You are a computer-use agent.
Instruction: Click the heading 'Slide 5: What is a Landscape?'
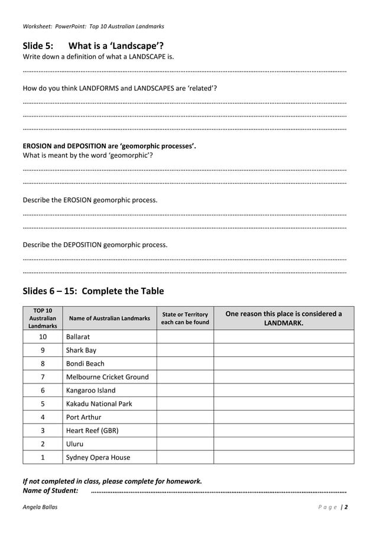(x=93, y=45)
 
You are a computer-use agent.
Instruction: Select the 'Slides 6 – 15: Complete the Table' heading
(x=93, y=291)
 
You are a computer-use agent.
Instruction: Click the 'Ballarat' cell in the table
(x=78, y=337)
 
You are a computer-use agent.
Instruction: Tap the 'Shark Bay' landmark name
(x=81, y=350)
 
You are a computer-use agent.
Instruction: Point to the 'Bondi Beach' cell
(x=85, y=363)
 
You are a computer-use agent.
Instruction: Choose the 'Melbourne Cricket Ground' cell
(x=107, y=377)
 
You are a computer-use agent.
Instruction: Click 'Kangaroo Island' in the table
(x=90, y=391)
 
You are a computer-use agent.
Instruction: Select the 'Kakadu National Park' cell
(x=99, y=404)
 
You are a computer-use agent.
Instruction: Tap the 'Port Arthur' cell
(x=83, y=417)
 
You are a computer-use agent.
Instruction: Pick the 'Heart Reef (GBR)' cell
(x=92, y=431)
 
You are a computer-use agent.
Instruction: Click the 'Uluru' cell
(x=74, y=444)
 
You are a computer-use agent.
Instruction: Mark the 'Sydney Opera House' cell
(x=97, y=457)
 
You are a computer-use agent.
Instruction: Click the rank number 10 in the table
(x=43, y=337)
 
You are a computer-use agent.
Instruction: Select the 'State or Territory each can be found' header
(x=184, y=318)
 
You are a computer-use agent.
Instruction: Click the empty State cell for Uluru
(x=184, y=444)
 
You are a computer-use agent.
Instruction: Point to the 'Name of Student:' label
(x=50, y=490)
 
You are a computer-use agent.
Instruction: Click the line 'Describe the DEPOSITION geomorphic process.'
(x=95, y=245)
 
